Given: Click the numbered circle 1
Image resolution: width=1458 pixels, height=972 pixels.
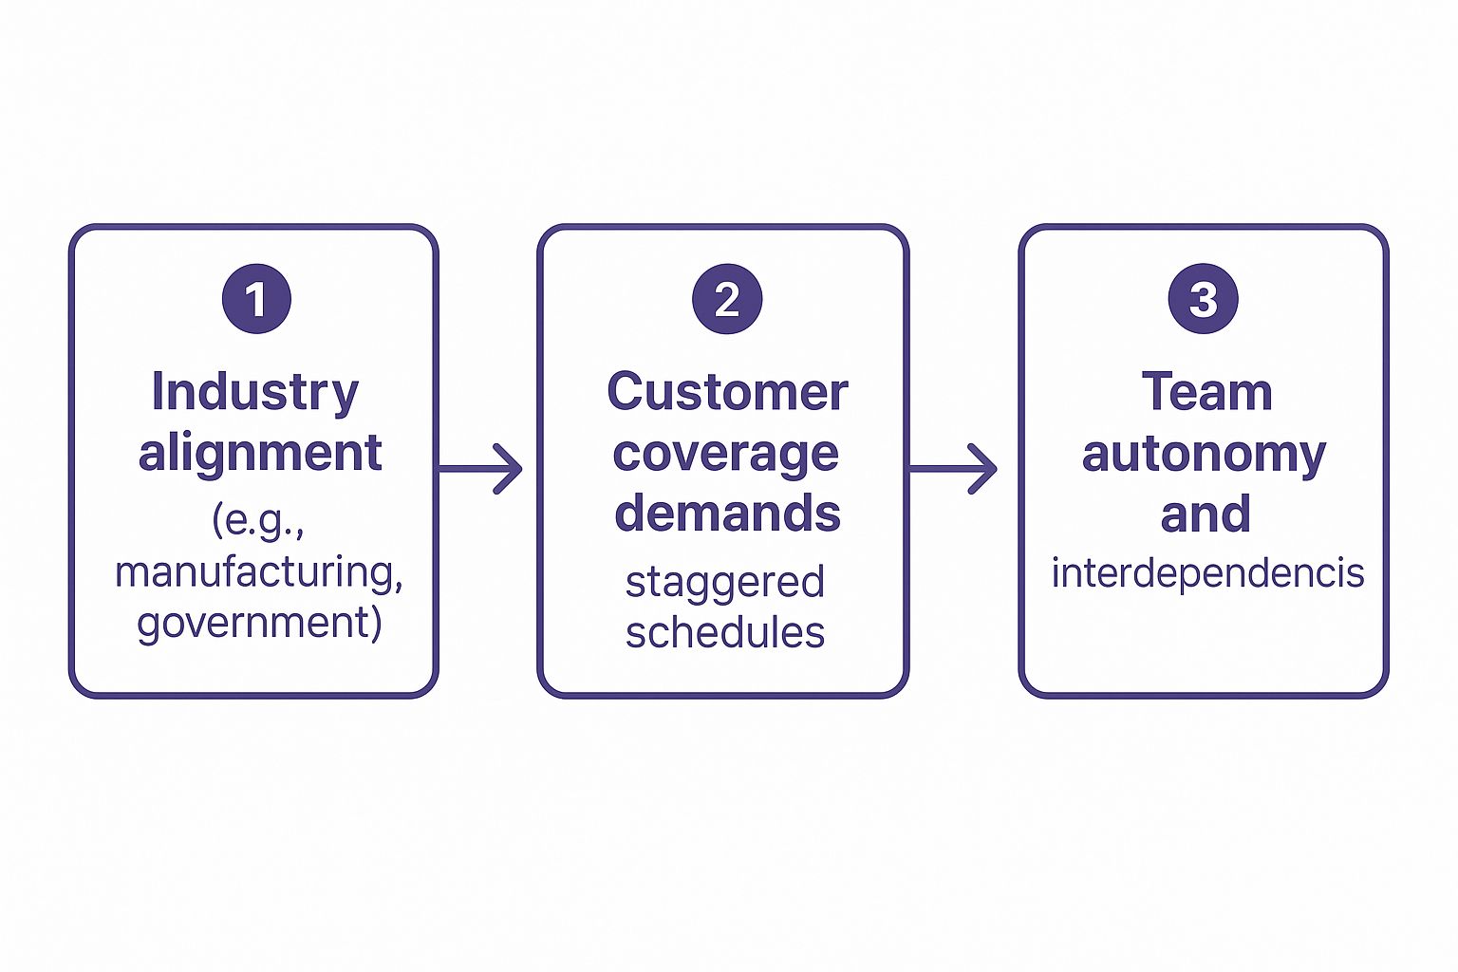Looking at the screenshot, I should click(255, 299).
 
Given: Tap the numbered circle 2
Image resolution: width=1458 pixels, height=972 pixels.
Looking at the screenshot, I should click(726, 299).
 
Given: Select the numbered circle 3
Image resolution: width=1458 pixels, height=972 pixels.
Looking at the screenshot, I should click(1203, 299).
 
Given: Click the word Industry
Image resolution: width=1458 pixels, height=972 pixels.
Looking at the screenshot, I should click(255, 392).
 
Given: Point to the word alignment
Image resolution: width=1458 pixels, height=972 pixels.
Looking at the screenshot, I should click(260, 453).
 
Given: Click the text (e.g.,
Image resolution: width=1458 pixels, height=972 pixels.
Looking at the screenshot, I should click(258, 520).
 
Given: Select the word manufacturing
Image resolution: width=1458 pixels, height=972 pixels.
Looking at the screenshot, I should click(258, 572).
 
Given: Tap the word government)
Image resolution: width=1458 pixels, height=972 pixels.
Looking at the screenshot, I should click(259, 624).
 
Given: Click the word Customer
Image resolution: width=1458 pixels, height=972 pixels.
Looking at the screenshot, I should click(727, 392).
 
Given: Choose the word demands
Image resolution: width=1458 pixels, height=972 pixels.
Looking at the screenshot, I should click(727, 513).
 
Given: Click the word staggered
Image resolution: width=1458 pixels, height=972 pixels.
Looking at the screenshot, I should click(724, 583).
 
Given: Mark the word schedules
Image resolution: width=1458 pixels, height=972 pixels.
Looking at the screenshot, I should click(725, 632).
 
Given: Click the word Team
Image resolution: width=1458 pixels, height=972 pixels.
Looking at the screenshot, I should click(1206, 392).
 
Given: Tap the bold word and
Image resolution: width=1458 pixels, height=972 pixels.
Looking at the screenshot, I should click(1206, 514).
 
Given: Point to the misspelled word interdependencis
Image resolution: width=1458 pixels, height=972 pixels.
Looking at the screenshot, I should click(1207, 573).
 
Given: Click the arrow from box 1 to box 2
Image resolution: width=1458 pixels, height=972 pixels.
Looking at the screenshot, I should click(481, 468).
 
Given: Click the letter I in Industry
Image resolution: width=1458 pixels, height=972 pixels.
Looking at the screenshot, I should click(158, 391).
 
